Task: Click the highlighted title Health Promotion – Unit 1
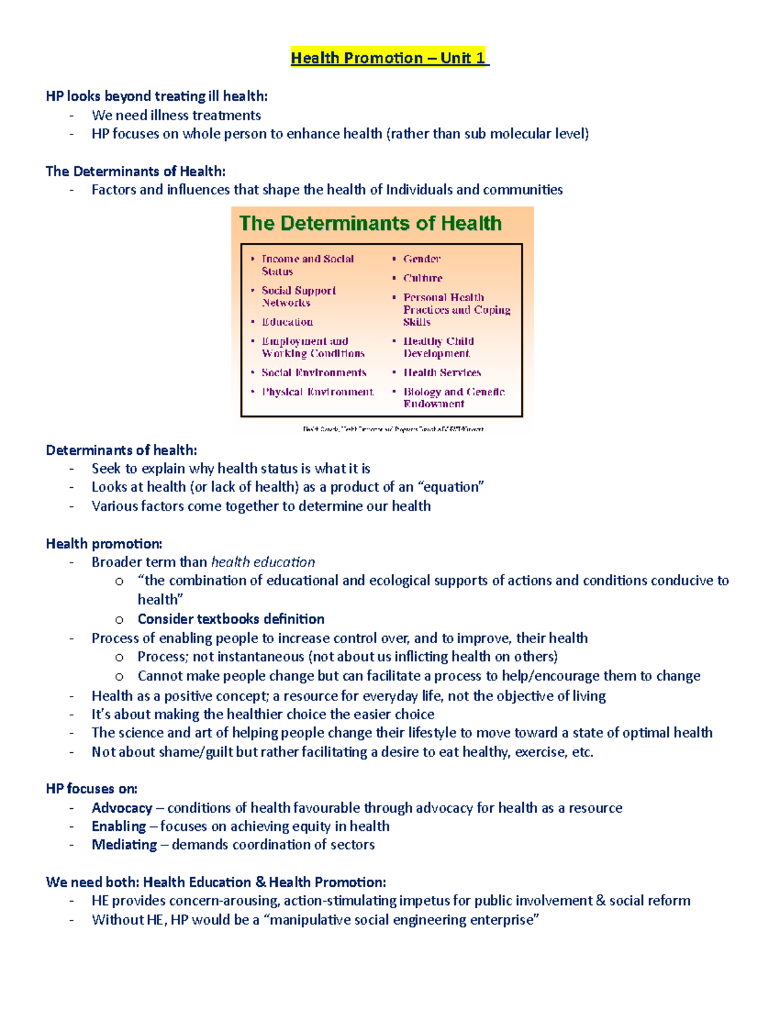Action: point(389,58)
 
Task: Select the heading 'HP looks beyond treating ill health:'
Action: point(157,96)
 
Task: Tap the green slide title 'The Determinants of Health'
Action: point(370,224)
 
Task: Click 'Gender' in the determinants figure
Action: point(421,259)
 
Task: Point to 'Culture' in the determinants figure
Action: point(422,278)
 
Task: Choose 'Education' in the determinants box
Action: point(287,322)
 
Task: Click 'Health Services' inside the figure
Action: point(442,373)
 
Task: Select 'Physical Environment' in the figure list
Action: point(318,392)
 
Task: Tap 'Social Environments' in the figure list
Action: point(314,373)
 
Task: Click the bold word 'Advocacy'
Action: point(122,808)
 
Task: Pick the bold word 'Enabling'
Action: point(118,826)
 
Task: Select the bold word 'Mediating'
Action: point(124,845)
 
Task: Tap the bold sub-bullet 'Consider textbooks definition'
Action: point(231,619)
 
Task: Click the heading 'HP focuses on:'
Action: point(92,789)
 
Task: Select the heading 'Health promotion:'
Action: point(104,544)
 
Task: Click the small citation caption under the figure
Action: point(393,429)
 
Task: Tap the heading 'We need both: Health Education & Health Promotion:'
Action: point(216,882)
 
